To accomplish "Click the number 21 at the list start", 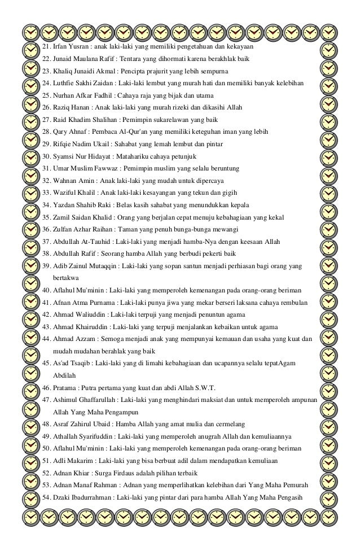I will [46, 46].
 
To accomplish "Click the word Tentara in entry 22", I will [131, 59].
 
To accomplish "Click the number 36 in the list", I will [46, 229].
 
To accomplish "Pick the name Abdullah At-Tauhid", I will [78, 242].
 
